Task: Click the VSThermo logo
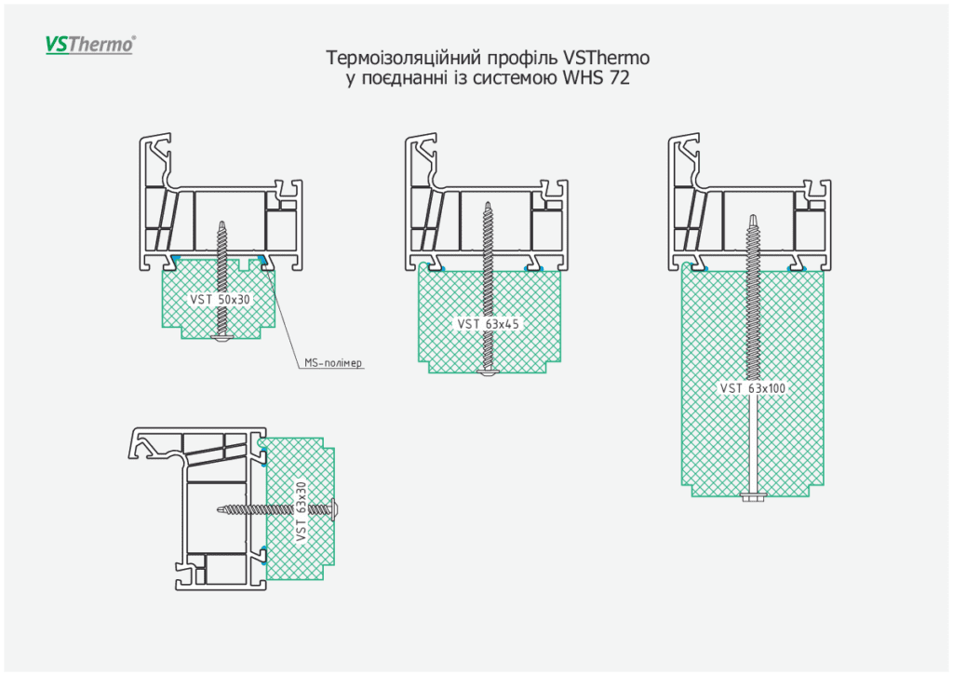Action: [x=90, y=44]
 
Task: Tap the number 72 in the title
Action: [x=619, y=79]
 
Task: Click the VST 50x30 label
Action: [x=221, y=300]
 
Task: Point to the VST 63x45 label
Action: [x=488, y=324]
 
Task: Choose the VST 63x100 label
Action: [x=754, y=387]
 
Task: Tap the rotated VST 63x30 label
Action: [x=300, y=511]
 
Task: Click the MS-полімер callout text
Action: [x=333, y=363]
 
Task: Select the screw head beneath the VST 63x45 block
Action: [x=488, y=373]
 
